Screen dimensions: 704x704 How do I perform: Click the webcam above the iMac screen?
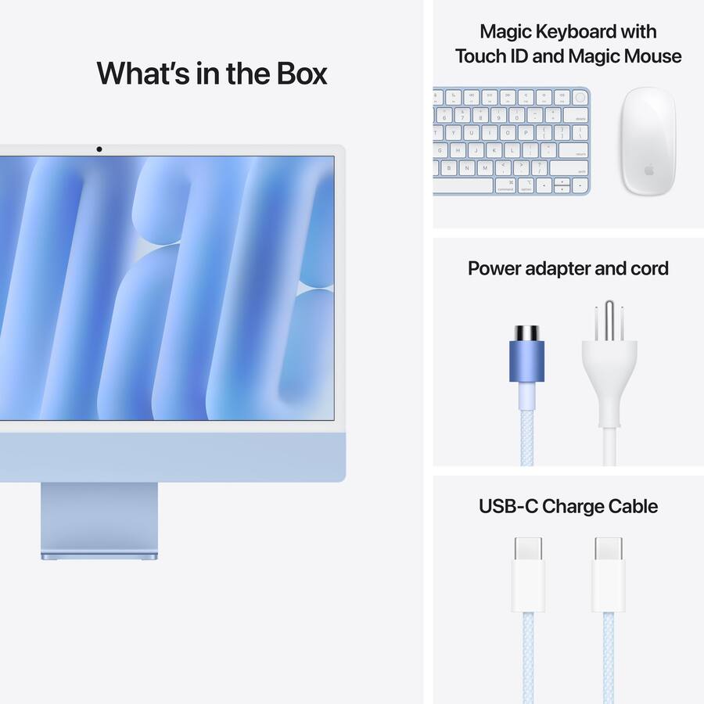[x=99, y=149]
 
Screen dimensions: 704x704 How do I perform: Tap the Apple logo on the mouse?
[x=648, y=170]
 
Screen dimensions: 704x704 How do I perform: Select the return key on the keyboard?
[x=573, y=150]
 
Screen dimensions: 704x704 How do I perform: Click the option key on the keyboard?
[x=526, y=185]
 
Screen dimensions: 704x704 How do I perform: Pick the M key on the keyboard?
[x=484, y=167]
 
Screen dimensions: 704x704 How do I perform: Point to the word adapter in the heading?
[x=556, y=268]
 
